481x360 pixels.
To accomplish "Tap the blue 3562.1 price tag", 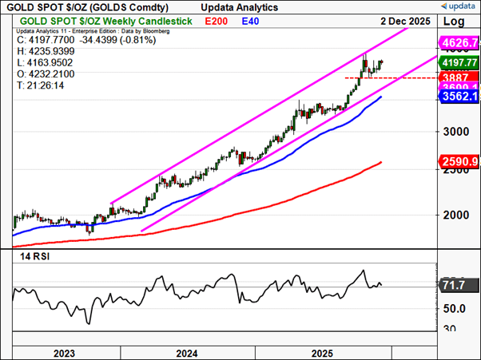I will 458,96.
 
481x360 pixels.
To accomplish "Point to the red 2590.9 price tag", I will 458,162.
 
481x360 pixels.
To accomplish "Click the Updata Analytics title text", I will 235,6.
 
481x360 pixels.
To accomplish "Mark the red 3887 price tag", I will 456,77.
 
